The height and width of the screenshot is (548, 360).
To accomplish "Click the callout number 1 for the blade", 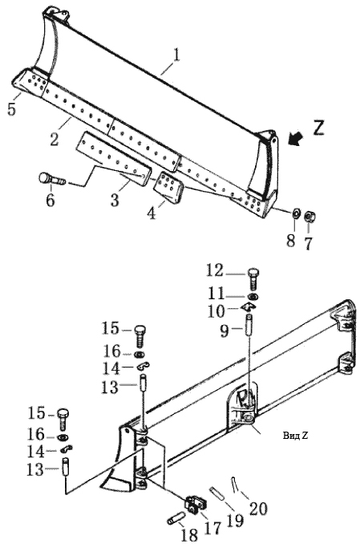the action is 176,55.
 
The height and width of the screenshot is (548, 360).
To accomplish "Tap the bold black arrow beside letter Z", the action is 295,138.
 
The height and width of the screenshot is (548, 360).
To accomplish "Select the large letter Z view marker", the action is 318,128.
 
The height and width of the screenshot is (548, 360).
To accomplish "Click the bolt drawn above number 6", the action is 52,179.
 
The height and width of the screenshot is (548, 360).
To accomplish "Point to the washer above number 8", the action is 296,213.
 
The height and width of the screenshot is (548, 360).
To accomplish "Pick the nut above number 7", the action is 309,216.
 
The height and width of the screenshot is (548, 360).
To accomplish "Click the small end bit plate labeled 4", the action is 169,186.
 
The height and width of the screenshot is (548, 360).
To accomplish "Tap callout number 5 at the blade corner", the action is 11,108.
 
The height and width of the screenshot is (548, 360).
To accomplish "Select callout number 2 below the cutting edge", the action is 54,139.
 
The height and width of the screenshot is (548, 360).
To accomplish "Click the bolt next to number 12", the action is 253,278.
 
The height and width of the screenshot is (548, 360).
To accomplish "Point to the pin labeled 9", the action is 249,325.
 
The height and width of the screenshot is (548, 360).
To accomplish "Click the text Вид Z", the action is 295,436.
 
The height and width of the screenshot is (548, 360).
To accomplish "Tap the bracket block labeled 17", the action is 195,504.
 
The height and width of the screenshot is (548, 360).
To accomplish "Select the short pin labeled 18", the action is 176,518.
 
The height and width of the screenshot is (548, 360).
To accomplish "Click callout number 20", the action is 258,508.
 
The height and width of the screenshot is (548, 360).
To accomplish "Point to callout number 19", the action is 236,521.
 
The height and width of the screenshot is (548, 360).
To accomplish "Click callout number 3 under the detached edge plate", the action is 115,201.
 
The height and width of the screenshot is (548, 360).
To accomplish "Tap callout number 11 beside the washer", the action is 216,294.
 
